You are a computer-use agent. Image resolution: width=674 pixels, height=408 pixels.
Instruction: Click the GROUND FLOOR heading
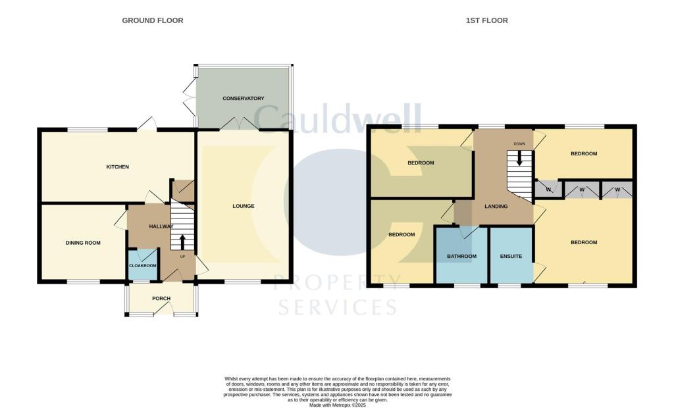(153, 20)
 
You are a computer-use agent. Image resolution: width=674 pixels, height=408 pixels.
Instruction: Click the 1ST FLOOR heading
(486, 20)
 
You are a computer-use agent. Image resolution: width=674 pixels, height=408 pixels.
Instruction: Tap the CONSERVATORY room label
(243, 99)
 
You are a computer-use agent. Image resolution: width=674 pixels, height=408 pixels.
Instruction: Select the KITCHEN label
(118, 167)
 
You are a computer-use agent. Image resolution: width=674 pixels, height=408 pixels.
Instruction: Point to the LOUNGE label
(243, 206)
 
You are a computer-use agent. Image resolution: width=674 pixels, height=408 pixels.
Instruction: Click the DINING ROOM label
(83, 243)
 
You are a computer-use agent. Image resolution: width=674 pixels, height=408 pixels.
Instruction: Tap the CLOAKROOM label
(142, 265)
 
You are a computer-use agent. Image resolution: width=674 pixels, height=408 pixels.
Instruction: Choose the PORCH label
(161, 299)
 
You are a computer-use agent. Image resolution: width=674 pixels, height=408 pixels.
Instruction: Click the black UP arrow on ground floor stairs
(182, 241)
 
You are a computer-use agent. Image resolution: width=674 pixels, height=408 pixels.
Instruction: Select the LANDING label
(496, 206)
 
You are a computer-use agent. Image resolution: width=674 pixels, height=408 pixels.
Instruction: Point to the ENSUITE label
(511, 256)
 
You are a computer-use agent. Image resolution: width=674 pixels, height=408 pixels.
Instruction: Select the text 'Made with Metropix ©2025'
(337, 404)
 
